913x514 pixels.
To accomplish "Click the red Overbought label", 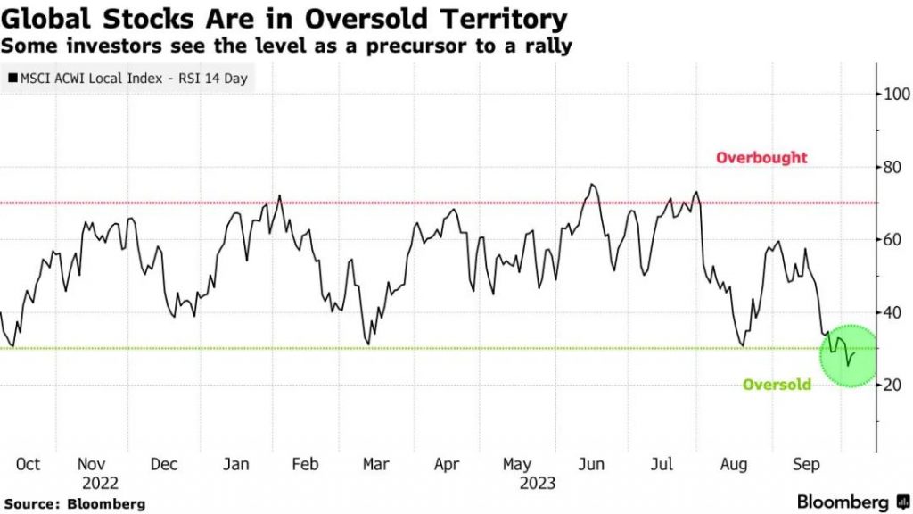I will (761, 158).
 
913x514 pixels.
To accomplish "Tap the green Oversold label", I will (777, 385).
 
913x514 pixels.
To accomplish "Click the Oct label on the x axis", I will (28, 464).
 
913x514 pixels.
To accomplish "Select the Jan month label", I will (235, 464).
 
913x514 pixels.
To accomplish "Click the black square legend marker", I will (12, 79).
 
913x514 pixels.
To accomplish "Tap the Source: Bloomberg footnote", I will (74, 504).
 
